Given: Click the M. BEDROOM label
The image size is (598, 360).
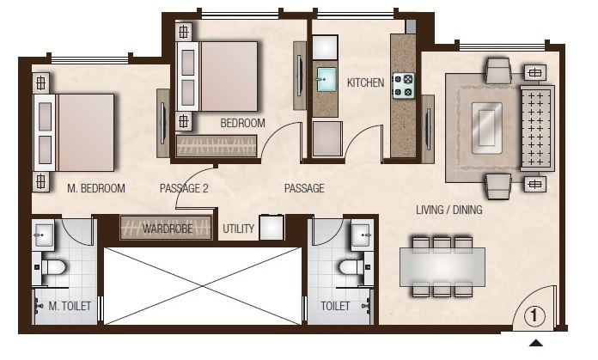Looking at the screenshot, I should [x=96, y=188].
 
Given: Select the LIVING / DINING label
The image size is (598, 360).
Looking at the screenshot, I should [x=448, y=210].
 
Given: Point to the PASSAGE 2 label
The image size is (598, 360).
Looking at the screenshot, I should [x=184, y=188].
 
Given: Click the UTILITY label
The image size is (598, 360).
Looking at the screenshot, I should [x=238, y=229].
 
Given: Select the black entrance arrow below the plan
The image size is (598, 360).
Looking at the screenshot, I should [x=535, y=344].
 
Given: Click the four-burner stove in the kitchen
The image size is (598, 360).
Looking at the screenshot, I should [x=403, y=85].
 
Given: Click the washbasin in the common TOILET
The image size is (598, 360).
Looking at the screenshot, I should [x=361, y=233].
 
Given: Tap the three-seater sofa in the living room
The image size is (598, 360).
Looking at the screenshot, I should [x=537, y=127].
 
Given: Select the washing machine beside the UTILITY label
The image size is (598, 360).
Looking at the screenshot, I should [x=272, y=228].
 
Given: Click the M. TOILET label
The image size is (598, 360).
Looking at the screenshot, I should [x=70, y=306].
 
